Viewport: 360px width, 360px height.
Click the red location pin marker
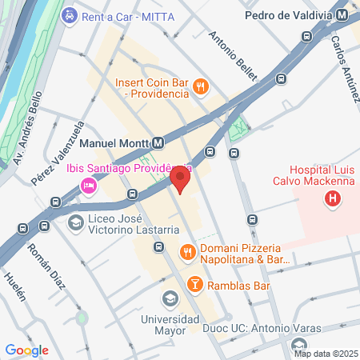[182, 178]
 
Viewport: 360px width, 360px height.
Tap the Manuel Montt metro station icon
[158, 143]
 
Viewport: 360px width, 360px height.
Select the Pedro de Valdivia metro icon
[342, 15]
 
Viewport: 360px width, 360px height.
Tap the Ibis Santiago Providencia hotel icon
[88, 186]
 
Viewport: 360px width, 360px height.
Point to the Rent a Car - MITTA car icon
[70, 15]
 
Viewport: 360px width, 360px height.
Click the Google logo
[27, 350]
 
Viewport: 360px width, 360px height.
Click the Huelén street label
[15, 289]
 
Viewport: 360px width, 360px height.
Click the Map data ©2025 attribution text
[325, 353]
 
